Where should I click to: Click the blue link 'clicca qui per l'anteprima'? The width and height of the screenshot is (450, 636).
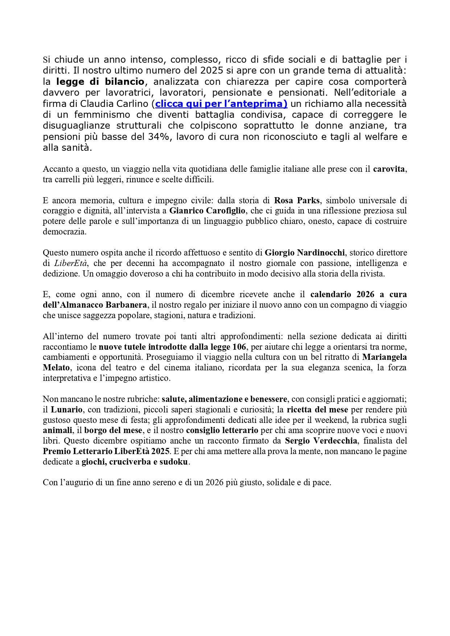[x=221, y=104]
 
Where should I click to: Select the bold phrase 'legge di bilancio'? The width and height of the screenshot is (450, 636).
[x=100, y=82]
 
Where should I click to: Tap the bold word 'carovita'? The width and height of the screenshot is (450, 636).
[x=389, y=169]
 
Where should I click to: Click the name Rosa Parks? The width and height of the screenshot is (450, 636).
[x=297, y=200]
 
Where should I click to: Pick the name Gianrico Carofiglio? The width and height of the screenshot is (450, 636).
[x=207, y=211]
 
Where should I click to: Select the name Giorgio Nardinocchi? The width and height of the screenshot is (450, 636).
[x=305, y=253]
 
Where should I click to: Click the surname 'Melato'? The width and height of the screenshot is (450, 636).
[x=56, y=367]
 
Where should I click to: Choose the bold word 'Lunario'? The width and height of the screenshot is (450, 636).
[x=66, y=410]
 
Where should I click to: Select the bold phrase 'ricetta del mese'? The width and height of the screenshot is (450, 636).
[x=317, y=410]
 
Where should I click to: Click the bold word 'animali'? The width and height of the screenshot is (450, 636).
[x=57, y=430]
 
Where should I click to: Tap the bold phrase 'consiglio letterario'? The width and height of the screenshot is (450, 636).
[x=222, y=430]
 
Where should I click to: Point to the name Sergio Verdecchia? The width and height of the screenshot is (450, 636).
[x=321, y=441]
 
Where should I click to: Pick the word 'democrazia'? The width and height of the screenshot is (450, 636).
[x=65, y=232]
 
